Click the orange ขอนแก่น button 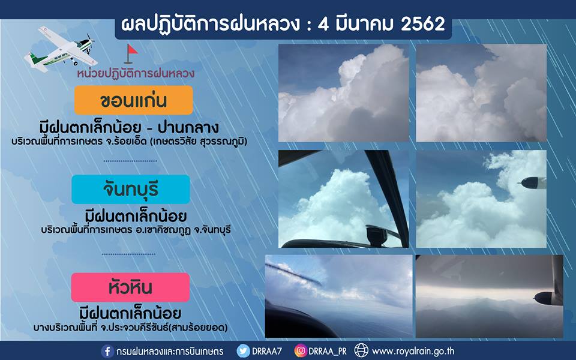133,100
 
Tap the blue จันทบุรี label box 131,189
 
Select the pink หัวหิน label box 130,287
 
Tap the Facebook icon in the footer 107,351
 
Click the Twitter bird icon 243,351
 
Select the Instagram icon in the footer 301,351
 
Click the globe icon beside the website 361,351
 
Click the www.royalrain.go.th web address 413,352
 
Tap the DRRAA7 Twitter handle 267,351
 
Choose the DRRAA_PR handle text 328,352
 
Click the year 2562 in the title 423,24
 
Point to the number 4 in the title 323,24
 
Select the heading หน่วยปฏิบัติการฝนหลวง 136,73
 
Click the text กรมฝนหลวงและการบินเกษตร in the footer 170,352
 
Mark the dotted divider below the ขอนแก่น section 130,161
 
